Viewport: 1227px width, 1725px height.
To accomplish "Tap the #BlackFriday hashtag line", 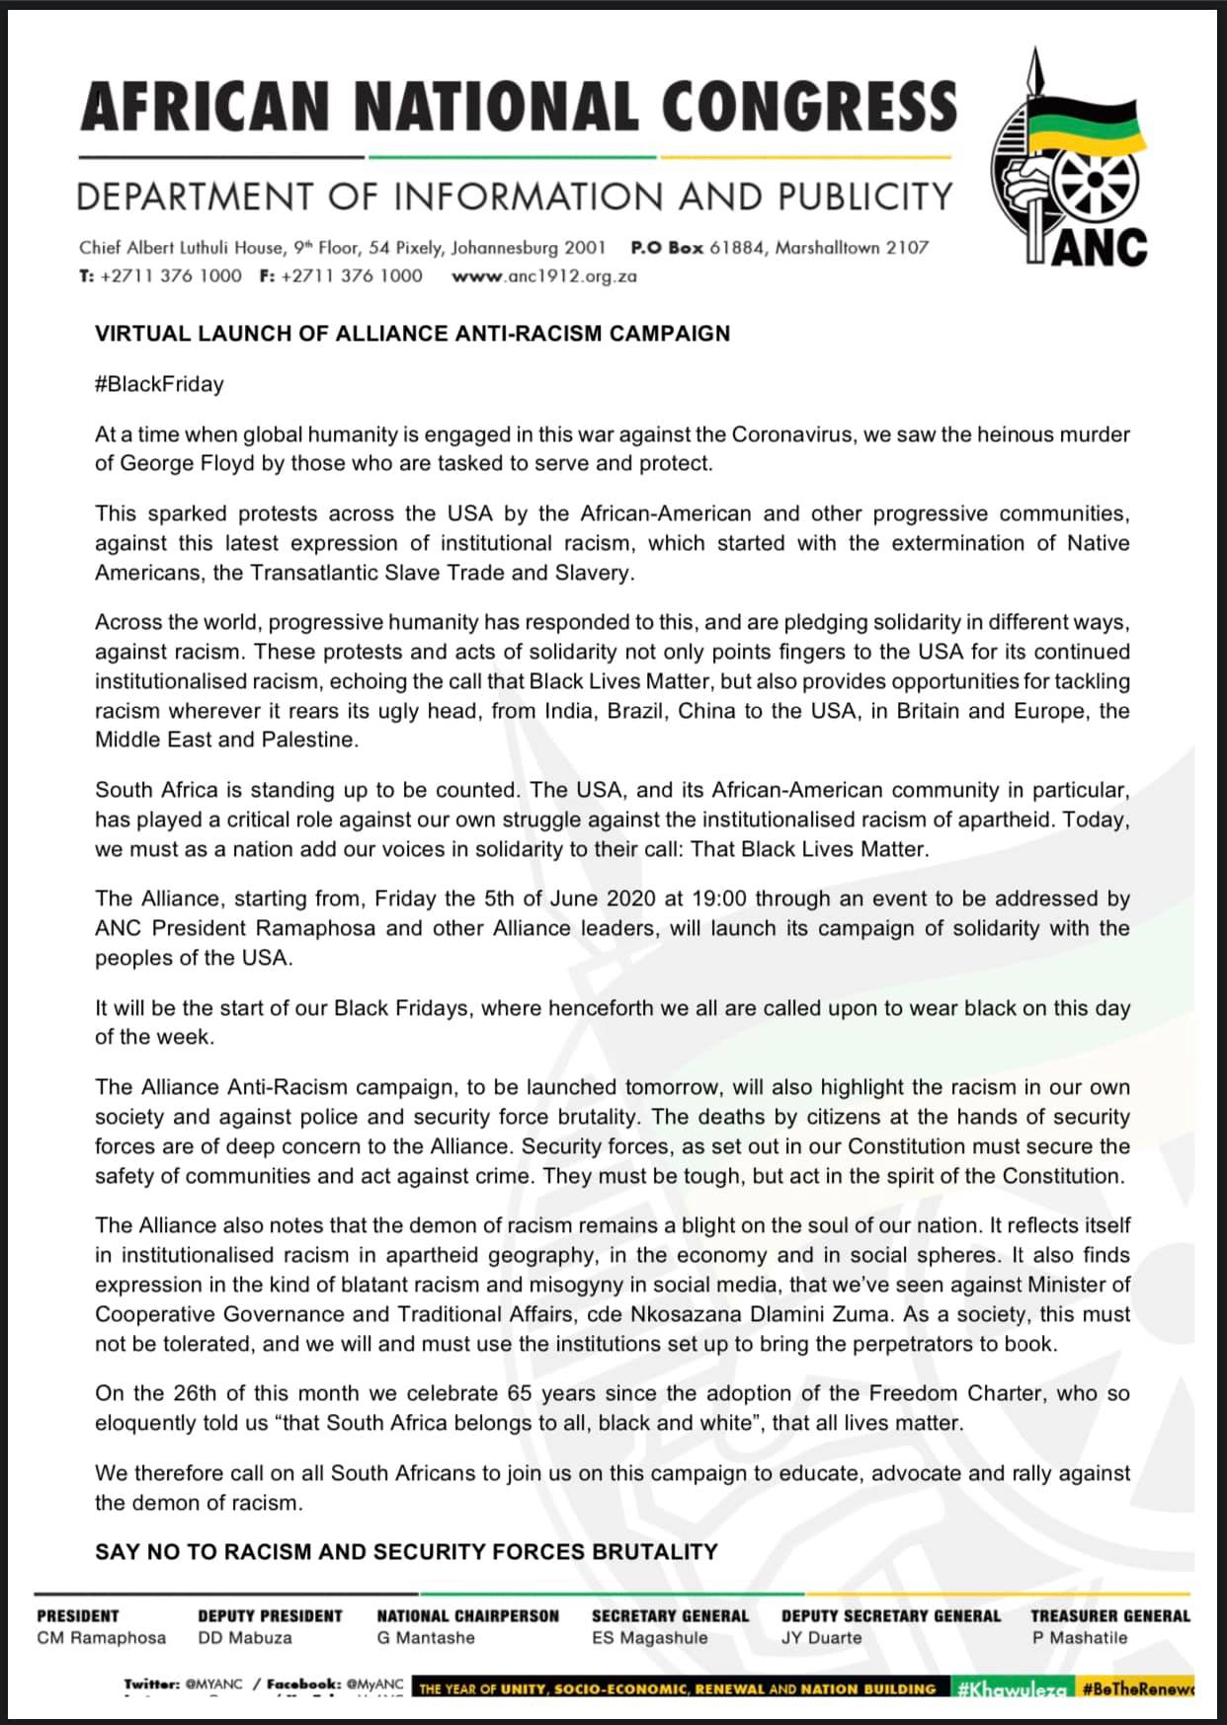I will click(x=159, y=384).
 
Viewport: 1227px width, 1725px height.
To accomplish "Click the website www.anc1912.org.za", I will click(x=544, y=276).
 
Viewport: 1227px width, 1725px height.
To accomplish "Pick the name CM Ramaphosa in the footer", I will click(x=101, y=1638).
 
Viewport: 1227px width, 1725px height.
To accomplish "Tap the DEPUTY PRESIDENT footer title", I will click(x=270, y=1616).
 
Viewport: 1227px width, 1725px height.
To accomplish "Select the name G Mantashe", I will click(x=426, y=1638).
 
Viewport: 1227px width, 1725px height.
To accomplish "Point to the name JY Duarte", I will click(x=821, y=1638).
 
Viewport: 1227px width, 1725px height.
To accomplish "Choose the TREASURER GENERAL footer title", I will click(x=1109, y=1616).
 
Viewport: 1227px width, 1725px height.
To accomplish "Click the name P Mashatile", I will click(x=1079, y=1638).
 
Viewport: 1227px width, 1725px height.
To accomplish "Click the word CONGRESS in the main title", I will click(x=809, y=106).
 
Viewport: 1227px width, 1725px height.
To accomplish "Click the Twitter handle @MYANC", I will click(x=213, y=1684).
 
